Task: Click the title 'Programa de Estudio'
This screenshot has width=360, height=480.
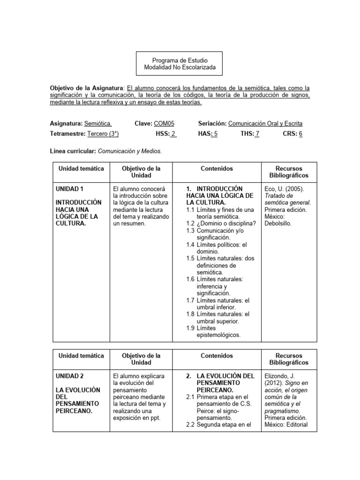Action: (180, 60)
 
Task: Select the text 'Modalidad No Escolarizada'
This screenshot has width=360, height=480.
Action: (180, 68)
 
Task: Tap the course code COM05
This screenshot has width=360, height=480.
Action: (164, 123)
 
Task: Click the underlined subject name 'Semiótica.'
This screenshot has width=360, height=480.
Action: (98, 123)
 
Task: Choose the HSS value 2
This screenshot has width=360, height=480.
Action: (173, 134)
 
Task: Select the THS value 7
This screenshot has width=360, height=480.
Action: (257, 134)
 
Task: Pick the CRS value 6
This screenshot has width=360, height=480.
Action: (300, 134)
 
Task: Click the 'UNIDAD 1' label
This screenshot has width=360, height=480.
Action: (69, 188)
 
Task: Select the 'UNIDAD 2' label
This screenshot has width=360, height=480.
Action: (69, 376)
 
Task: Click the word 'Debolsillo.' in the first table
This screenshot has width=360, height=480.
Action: (278, 224)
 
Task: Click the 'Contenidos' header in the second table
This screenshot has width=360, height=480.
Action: (217, 356)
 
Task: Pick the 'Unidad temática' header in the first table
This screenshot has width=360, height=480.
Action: (81, 168)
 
